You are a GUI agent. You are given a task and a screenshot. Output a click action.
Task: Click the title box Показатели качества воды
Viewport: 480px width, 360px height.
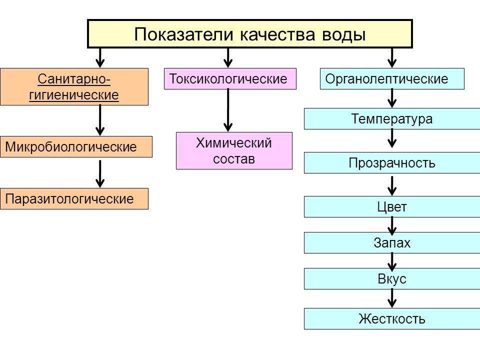coord(250,33)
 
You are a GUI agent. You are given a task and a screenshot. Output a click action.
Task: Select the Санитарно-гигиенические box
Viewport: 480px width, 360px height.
coord(74,86)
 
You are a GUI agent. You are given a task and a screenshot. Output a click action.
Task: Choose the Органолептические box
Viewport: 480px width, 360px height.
coord(392,79)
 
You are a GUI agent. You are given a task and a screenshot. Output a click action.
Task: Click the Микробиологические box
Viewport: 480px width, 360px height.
coord(76,147)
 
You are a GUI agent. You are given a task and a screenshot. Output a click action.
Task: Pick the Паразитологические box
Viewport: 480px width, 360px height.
coord(74,198)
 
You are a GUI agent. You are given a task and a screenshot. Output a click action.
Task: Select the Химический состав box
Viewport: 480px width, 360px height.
coord(234,150)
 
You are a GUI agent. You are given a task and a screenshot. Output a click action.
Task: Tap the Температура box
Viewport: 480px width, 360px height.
coord(392,119)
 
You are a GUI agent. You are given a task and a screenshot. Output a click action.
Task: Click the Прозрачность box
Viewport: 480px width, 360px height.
coord(392,163)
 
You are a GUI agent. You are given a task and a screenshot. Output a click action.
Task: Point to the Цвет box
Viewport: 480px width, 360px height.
coord(392,206)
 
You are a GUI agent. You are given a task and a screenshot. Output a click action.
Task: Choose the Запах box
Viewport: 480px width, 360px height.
coord(392,243)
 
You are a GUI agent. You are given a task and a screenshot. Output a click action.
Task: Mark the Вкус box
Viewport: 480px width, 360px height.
coord(392,279)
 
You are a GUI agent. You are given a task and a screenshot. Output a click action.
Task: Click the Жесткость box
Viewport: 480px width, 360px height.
coord(392,318)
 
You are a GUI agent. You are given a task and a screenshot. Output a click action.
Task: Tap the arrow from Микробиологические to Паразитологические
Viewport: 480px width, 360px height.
coord(100,173)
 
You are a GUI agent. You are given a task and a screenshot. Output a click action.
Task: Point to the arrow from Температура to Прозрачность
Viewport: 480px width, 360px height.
coord(392,138)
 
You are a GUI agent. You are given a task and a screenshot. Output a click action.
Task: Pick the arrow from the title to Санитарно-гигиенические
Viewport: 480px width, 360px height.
coord(100,57)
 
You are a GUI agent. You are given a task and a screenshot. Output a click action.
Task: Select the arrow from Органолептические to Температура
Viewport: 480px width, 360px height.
coord(392,98)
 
